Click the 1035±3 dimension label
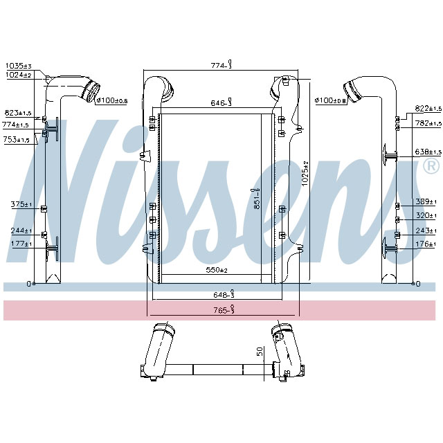point(19,65)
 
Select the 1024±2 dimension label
point(19,74)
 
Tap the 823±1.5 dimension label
point(19,112)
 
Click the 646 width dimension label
point(221,103)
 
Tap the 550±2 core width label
point(218,269)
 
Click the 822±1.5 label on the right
point(428,109)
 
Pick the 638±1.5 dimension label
point(428,152)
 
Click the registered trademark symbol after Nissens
point(429,166)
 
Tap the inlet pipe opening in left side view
point(91,91)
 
